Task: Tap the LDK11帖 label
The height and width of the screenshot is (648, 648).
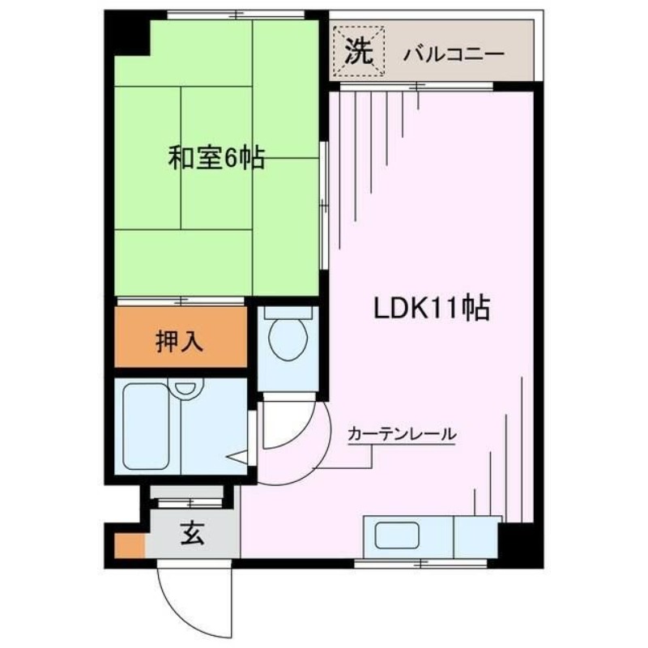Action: click(432, 308)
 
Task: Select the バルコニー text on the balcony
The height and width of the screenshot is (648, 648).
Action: click(454, 54)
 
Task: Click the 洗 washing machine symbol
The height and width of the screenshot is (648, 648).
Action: click(359, 51)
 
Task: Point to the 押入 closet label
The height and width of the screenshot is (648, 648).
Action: click(179, 342)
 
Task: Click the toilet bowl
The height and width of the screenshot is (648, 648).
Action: click(288, 339)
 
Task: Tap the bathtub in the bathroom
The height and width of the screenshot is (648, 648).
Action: click(147, 426)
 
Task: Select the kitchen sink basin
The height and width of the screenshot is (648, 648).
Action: click(397, 535)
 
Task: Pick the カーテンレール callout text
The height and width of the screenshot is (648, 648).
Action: click(402, 434)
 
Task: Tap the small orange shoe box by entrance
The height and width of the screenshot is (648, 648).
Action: click(130, 545)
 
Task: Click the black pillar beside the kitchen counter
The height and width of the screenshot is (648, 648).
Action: click(520, 544)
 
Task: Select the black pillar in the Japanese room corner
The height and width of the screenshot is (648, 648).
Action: click(128, 34)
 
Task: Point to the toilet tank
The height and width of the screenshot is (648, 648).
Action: click(288, 312)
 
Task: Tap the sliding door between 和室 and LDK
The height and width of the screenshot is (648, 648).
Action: click(325, 206)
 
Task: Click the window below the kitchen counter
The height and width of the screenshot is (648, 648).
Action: click(420, 563)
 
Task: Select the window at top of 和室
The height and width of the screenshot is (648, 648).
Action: click(236, 15)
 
